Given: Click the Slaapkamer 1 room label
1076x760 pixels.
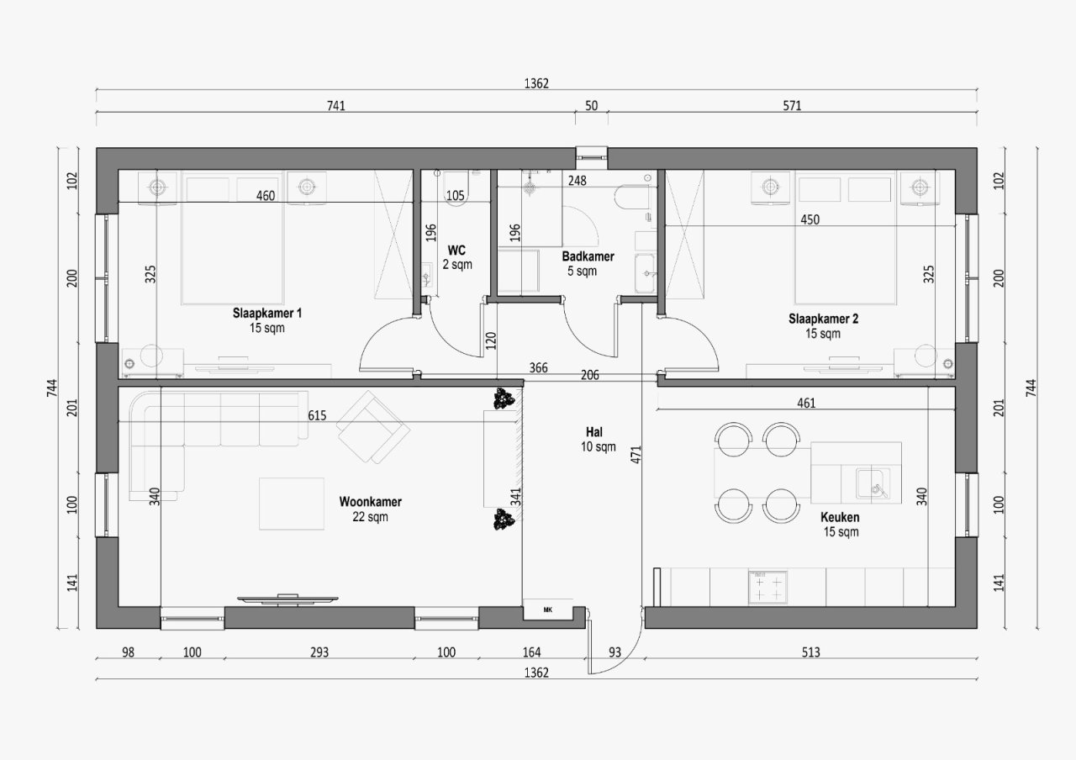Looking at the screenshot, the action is (267, 314).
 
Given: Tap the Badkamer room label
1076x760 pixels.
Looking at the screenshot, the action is (588, 256).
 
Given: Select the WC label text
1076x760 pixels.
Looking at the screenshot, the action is (456, 251).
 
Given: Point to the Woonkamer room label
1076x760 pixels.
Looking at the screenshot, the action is (371, 502).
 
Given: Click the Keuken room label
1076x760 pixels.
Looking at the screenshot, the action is (840, 517).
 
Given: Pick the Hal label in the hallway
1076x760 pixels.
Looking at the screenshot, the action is (594, 432).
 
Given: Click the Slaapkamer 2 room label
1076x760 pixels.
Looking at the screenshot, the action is (823, 319).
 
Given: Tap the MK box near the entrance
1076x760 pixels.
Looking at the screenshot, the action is (548, 610).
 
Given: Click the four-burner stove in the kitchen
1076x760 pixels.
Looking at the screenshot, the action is (767, 588).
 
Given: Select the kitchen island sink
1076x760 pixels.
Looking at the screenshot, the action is (873, 483).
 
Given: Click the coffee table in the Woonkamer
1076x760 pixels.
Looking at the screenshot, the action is (292, 504).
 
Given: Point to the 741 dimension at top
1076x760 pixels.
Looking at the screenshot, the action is (335, 105).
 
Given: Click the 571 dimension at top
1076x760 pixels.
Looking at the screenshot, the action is (792, 105).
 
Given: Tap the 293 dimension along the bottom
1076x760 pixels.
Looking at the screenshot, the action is (319, 652).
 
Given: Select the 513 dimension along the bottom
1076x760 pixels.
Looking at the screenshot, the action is (811, 652).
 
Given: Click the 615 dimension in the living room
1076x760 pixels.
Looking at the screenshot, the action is (317, 415).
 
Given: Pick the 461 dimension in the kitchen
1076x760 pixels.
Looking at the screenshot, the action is (806, 403).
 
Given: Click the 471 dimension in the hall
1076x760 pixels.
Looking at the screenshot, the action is (636, 455).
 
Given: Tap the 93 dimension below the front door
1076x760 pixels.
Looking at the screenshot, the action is (614, 652).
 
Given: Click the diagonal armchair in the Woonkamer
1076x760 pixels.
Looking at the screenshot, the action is (373, 427).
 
